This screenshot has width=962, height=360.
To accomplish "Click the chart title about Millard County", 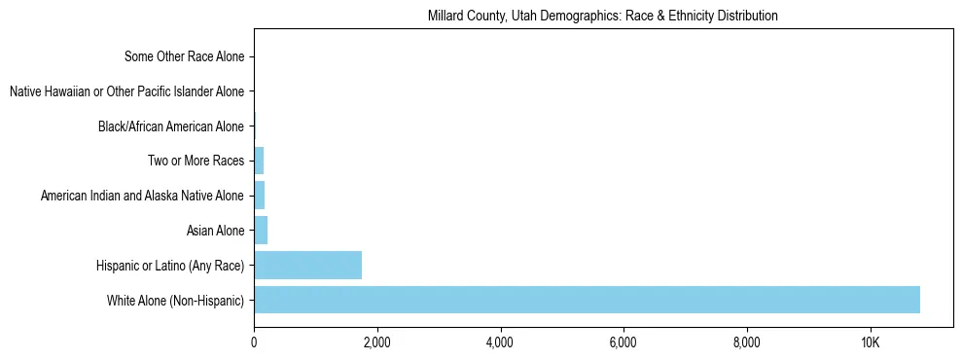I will click(x=603, y=17).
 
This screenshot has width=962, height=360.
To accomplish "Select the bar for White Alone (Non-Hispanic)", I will click(x=587, y=300).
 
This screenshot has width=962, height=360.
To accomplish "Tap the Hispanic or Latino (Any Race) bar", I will click(x=307, y=265).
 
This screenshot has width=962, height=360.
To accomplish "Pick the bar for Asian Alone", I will click(x=261, y=231).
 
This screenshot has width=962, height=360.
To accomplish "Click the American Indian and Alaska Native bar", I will click(x=259, y=196).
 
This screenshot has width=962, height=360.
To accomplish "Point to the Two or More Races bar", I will click(x=259, y=161).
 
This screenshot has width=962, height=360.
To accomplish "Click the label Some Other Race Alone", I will click(x=185, y=56).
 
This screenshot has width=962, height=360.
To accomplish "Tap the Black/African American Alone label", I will click(x=171, y=126).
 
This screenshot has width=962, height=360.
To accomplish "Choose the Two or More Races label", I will click(x=196, y=161).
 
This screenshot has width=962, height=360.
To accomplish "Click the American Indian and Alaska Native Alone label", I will click(x=142, y=196).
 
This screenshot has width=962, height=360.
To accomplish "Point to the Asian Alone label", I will click(x=215, y=231).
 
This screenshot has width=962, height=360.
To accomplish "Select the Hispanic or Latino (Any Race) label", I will click(x=170, y=265).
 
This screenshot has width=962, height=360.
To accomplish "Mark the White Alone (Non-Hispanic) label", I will click(x=176, y=300).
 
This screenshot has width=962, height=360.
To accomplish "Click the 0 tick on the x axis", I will click(x=254, y=342).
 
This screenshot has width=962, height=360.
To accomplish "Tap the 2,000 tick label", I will click(x=376, y=342).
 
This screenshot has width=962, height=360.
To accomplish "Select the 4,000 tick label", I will click(x=500, y=342).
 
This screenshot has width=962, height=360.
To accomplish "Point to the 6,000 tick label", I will click(x=623, y=342).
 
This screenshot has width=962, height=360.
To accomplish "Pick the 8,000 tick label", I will click(x=746, y=342).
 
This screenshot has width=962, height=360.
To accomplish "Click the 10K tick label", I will click(x=870, y=342).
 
